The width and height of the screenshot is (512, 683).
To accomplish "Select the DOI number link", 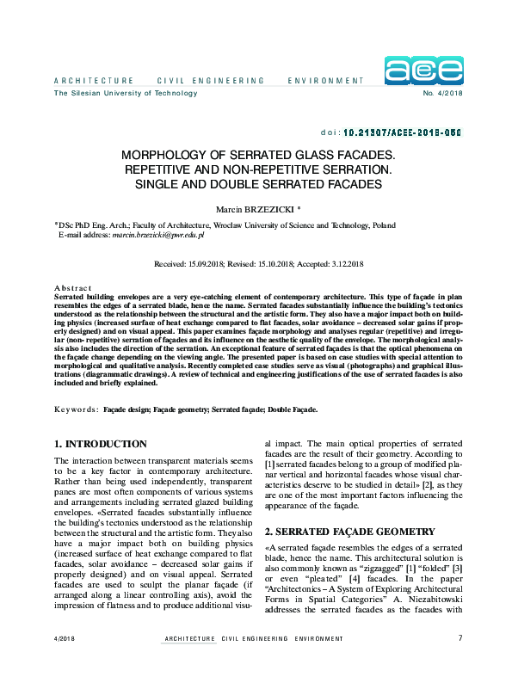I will [x=403, y=133].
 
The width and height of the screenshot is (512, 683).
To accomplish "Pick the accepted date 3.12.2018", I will [x=340, y=263].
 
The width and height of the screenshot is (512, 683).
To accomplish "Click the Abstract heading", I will [x=72, y=287].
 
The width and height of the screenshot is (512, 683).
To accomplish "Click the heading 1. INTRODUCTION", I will [x=100, y=444].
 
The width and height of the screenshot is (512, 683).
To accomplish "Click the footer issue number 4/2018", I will [x=65, y=639].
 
